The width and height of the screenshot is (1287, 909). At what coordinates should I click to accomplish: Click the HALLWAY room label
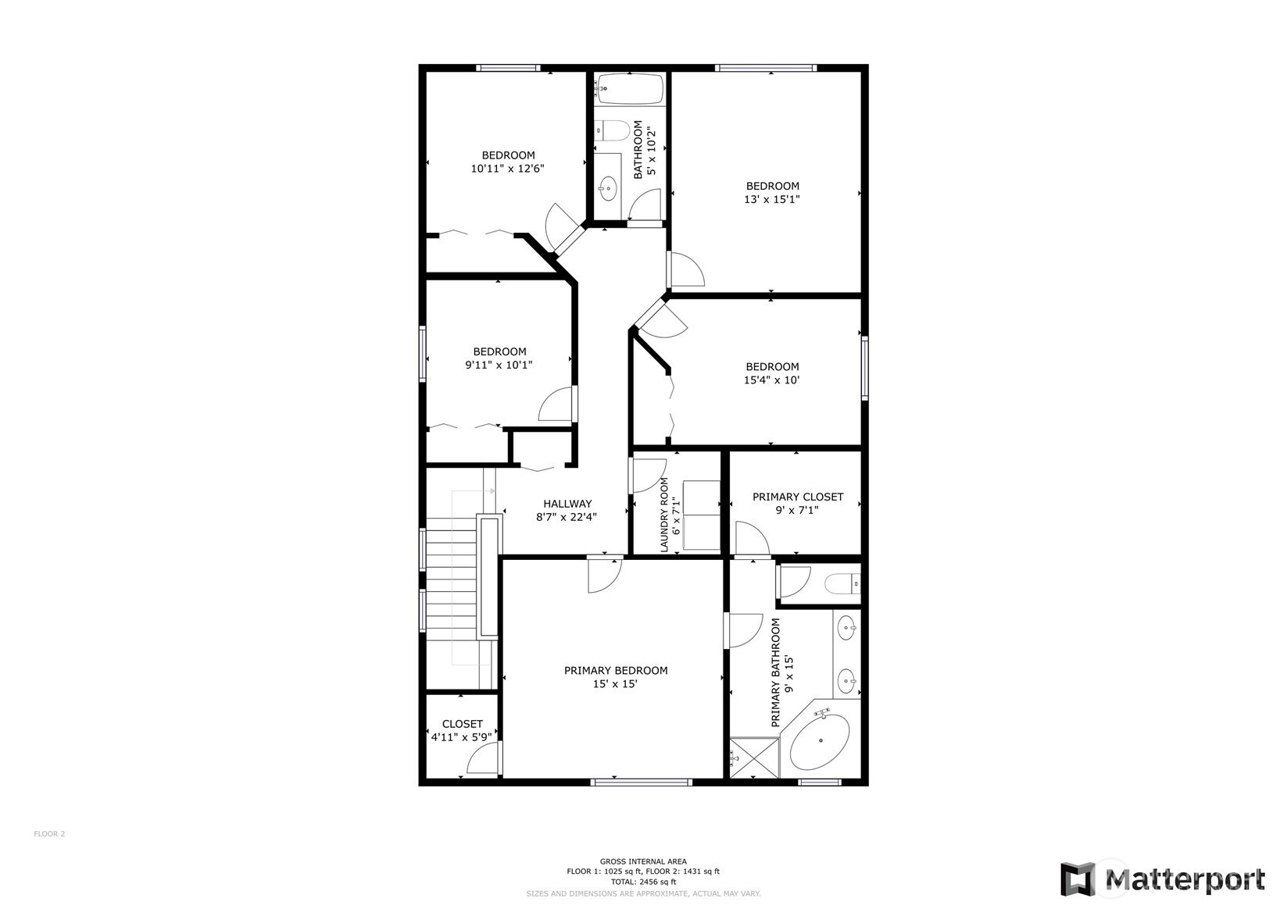tap(567, 504)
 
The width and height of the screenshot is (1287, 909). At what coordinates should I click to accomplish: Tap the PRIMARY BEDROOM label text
tap(615, 670)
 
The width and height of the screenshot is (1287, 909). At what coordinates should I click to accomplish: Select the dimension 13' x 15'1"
tap(771, 199)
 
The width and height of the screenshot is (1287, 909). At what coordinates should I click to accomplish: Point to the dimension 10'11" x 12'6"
tap(507, 169)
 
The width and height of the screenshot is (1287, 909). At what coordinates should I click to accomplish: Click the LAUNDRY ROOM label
tap(664, 515)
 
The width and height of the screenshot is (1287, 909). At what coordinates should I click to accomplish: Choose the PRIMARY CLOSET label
tap(798, 497)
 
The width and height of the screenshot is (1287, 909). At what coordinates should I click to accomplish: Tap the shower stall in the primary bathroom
tap(754, 758)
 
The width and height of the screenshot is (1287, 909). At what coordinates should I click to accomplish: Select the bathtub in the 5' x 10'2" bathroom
tap(629, 88)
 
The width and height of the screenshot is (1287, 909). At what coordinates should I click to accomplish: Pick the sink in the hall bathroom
tap(607, 187)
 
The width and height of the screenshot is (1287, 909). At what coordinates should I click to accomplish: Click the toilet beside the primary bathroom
tap(842, 585)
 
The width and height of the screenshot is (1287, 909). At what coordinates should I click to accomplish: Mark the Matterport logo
tap(1163, 879)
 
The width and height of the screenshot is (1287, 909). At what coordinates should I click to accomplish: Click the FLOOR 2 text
tap(49, 834)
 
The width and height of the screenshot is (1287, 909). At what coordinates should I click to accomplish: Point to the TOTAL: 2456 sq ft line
tap(643, 882)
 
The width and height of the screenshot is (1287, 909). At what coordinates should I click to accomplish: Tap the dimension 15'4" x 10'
tap(771, 380)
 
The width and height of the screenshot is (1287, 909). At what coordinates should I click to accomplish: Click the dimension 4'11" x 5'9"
tap(461, 737)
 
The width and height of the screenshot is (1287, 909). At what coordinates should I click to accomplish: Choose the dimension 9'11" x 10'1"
tap(499, 365)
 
